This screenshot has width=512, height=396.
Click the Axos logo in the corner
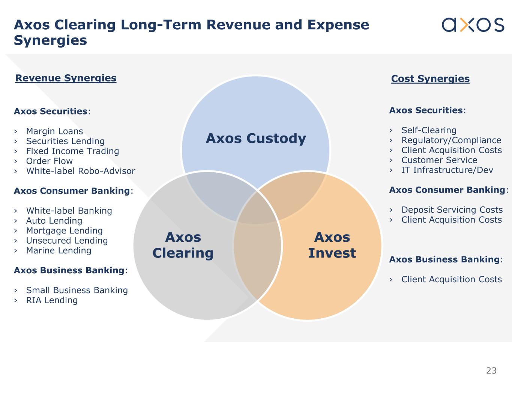point(473,24)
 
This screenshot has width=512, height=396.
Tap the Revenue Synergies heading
point(66,78)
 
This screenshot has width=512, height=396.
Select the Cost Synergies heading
point(430,79)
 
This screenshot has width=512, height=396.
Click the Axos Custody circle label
point(256,139)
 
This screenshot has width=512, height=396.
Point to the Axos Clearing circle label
point(183,245)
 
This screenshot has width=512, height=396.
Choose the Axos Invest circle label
point(332,245)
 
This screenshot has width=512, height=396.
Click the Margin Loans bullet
point(54,131)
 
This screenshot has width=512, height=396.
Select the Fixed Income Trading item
point(72,151)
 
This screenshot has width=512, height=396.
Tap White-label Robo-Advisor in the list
point(81,171)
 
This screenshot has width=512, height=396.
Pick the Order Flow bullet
point(50,161)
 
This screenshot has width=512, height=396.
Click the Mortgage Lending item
point(64,231)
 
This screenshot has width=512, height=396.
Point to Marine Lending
point(59,251)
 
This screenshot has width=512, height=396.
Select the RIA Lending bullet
point(52,300)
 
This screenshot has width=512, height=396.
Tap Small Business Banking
point(77,291)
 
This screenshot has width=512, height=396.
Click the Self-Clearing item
point(429,130)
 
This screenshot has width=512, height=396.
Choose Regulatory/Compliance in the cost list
point(451,140)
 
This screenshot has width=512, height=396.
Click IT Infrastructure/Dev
point(447,170)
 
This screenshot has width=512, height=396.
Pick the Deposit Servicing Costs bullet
point(452,210)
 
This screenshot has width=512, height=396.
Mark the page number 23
point(491,371)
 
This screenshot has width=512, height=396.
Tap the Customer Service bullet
point(439,160)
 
